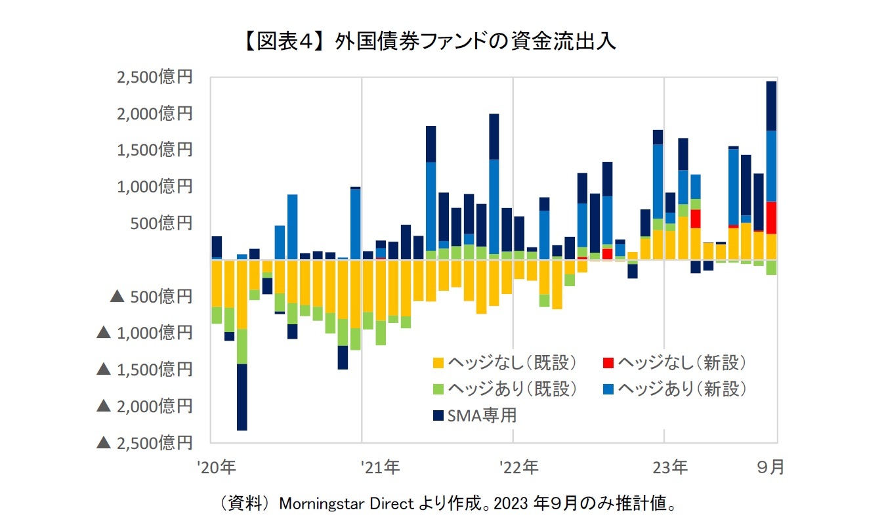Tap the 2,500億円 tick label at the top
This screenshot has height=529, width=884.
pos(154,77)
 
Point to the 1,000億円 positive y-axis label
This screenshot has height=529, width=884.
pos(154,187)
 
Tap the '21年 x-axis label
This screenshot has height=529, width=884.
pos(380,468)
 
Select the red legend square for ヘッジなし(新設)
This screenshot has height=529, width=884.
pos(608,362)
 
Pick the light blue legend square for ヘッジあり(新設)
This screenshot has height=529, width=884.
pos(608,389)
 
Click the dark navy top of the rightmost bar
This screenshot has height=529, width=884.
pos(771,106)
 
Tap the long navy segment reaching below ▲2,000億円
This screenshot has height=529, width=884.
pos(242,397)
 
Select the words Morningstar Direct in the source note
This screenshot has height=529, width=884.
pos(347,504)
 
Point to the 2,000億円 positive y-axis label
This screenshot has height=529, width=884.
pos(154,114)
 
